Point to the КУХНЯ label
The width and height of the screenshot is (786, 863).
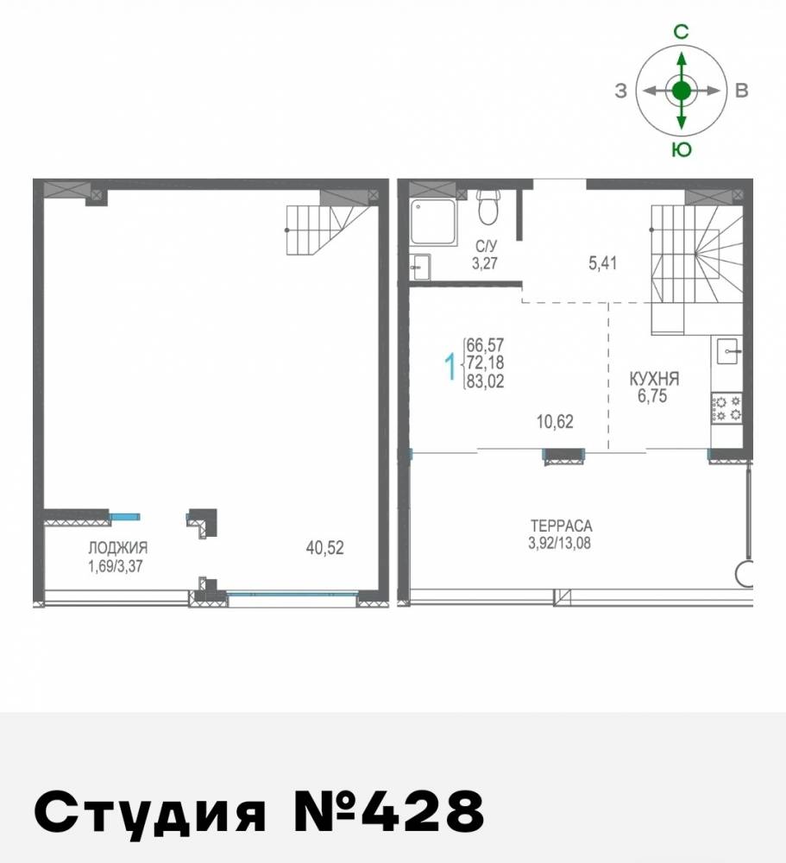(x=654, y=378)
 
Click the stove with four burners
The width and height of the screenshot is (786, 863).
(x=726, y=407)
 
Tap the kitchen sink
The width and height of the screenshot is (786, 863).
(x=726, y=351)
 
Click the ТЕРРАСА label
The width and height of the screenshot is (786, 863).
(x=562, y=526)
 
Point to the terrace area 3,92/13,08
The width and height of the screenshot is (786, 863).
(x=562, y=543)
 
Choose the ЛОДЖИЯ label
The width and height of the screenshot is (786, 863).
(x=117, y=547)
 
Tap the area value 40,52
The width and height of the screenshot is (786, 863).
(x=325, y=547)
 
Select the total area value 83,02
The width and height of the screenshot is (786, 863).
(x=485, y=383)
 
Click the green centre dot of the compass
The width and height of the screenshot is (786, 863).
(x=682, y=90)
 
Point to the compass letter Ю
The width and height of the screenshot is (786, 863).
(x=681, y=149)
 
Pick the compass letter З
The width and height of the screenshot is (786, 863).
(x=620, y=91)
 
